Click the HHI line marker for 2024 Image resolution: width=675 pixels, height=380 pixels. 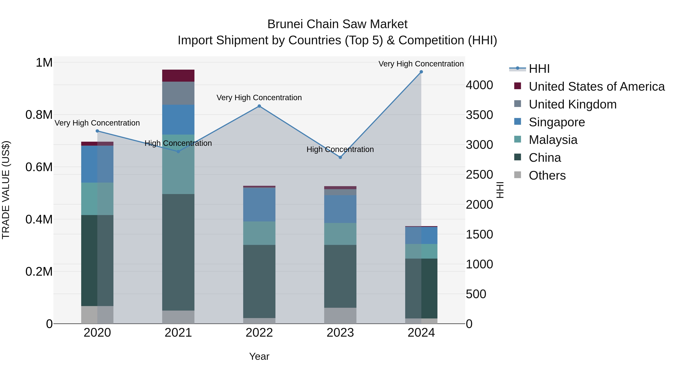[421, 72]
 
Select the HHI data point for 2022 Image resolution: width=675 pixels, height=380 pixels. [259, 106]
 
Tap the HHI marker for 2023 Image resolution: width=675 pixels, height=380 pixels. [340, 157]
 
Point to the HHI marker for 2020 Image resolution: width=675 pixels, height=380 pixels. [97, 131]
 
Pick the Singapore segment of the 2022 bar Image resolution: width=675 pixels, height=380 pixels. [259, 205]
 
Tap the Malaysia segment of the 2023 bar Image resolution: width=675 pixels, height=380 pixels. [340, 234]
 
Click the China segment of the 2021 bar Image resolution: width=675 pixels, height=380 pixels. [178, 252]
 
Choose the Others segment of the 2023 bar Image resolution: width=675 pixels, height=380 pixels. [340, 316]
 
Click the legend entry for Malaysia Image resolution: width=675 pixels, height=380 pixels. [553, 140]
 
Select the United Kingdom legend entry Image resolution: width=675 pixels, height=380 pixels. [573, 104]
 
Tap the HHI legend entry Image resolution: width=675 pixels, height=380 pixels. [539, 69]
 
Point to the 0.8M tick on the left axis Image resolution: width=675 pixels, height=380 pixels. [39, 115]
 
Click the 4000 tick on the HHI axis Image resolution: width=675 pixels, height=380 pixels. [479, 85]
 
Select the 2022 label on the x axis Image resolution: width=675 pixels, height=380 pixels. [259, 333]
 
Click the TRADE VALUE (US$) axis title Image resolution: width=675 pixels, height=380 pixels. [6, 190]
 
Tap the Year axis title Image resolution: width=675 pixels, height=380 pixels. [259, 356]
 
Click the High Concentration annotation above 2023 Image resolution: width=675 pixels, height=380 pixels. [340, 150]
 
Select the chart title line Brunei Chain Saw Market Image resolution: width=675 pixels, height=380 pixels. [337, 24]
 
